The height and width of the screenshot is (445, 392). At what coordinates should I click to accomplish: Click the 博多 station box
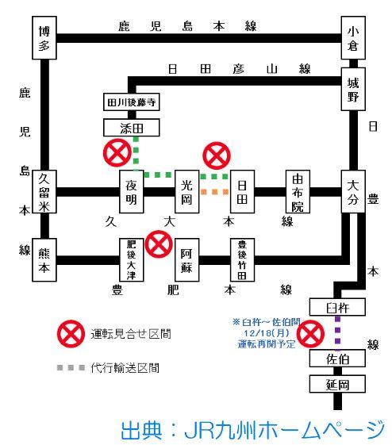[x=44, y=38]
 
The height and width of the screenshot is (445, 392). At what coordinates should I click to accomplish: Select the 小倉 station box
[x=353, y=38]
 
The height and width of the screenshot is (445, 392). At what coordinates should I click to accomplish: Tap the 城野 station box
[x=353, y=89]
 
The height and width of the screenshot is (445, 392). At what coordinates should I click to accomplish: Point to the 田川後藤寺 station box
[x=132, y=102]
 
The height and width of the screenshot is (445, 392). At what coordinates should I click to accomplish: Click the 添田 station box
[x=132, y=128]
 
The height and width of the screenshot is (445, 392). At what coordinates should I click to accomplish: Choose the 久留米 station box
[x=44, y=192]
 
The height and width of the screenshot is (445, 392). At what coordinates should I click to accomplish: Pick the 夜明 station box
[x=132, y=192]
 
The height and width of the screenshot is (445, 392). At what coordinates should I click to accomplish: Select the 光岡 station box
[x=186, y=192]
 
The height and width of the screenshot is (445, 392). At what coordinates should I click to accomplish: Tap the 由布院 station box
[x=298, y=192]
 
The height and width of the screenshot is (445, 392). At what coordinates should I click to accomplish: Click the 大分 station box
[x=353, y=192]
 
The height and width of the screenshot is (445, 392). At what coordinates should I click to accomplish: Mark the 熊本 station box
[x=44, y=260]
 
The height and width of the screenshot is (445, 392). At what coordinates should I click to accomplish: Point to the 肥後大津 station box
[x=132, y=260]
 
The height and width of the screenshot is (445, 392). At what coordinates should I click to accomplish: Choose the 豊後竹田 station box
[x=242, y=260]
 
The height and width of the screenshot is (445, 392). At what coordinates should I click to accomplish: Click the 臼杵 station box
[x=337, y=307]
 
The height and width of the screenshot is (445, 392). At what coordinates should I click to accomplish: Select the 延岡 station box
[x=337, y=384]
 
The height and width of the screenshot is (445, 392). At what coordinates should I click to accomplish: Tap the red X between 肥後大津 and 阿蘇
[x=159, y=244]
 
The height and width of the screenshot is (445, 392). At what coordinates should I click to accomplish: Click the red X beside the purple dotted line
[x=310, y=334]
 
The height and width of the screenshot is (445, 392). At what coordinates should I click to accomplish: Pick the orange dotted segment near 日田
[x=214, y=192]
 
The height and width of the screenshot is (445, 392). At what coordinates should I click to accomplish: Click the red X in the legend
[x=71, y=334]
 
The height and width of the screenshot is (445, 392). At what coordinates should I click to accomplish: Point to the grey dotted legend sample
[x=71, y=368]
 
